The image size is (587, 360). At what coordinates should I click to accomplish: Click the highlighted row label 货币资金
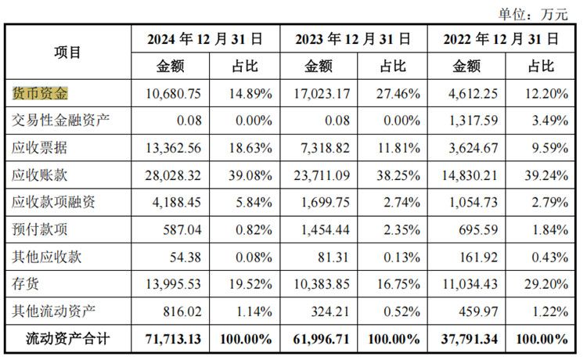point(41,94)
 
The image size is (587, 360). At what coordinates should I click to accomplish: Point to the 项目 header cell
point(67,52)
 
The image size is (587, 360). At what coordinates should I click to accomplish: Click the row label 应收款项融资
point(54,203)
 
